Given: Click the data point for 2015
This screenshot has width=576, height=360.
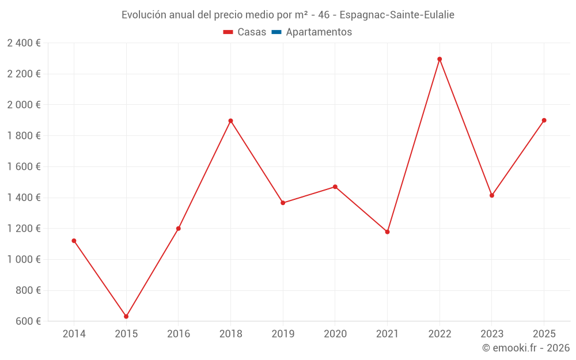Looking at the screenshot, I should click(126, 316).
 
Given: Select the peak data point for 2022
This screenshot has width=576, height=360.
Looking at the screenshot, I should click(439, 59).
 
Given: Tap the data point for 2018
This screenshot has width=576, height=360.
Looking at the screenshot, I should click(230, 121).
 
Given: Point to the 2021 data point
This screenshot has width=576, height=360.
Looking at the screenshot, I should click(387, 232).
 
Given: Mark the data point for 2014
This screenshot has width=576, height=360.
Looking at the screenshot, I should click(74, 241).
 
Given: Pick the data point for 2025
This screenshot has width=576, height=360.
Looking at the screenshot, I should click(544, 120).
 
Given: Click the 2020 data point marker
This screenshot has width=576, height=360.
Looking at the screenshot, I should click(335, 187).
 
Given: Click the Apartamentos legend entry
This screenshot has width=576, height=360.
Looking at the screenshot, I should click(319, 32).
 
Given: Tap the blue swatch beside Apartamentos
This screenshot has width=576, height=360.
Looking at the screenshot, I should click(276, 32).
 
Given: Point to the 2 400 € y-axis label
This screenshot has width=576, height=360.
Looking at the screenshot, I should click(24, 43).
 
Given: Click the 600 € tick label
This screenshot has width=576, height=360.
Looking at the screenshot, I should click(28, 321).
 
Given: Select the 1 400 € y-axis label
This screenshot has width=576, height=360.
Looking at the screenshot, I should click(24, 198).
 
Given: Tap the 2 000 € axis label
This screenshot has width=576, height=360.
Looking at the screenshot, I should click(24, 105).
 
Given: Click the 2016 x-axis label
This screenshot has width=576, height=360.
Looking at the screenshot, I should click(179, 334).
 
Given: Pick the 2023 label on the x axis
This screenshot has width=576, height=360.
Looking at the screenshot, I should click(492, 334).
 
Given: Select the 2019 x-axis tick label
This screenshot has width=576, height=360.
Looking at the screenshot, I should click(283, 334).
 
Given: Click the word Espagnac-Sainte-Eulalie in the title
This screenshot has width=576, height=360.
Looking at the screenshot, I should click(397, 15).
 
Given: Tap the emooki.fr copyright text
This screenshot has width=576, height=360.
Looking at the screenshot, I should click(526, 348).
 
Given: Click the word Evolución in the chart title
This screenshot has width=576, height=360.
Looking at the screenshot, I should click(142, 15).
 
